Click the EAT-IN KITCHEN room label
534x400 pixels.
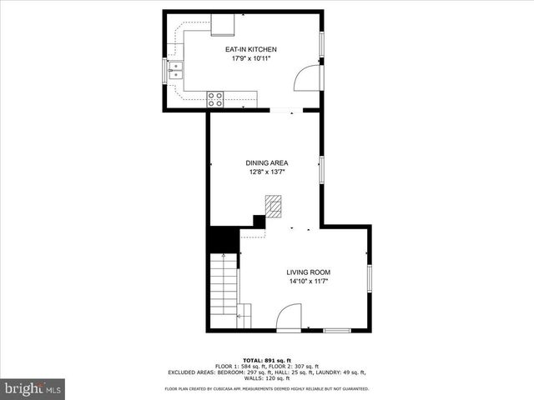(251, 50)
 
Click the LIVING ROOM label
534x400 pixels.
(309, 272)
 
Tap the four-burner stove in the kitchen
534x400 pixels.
(215, 100)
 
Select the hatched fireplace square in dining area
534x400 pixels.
(274, 206)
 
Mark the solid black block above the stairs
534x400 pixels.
(222, 241)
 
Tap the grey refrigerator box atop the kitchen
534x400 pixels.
(223, 25)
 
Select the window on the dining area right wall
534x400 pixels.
(320, 169)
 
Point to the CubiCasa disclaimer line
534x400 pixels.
(266, 389)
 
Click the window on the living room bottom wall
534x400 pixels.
(337, 331)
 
